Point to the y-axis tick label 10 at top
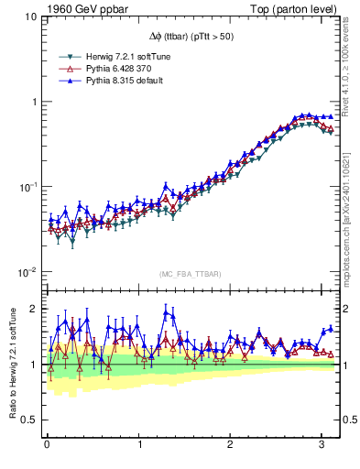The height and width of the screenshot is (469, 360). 30,16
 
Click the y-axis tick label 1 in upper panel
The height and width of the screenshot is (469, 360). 33,102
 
